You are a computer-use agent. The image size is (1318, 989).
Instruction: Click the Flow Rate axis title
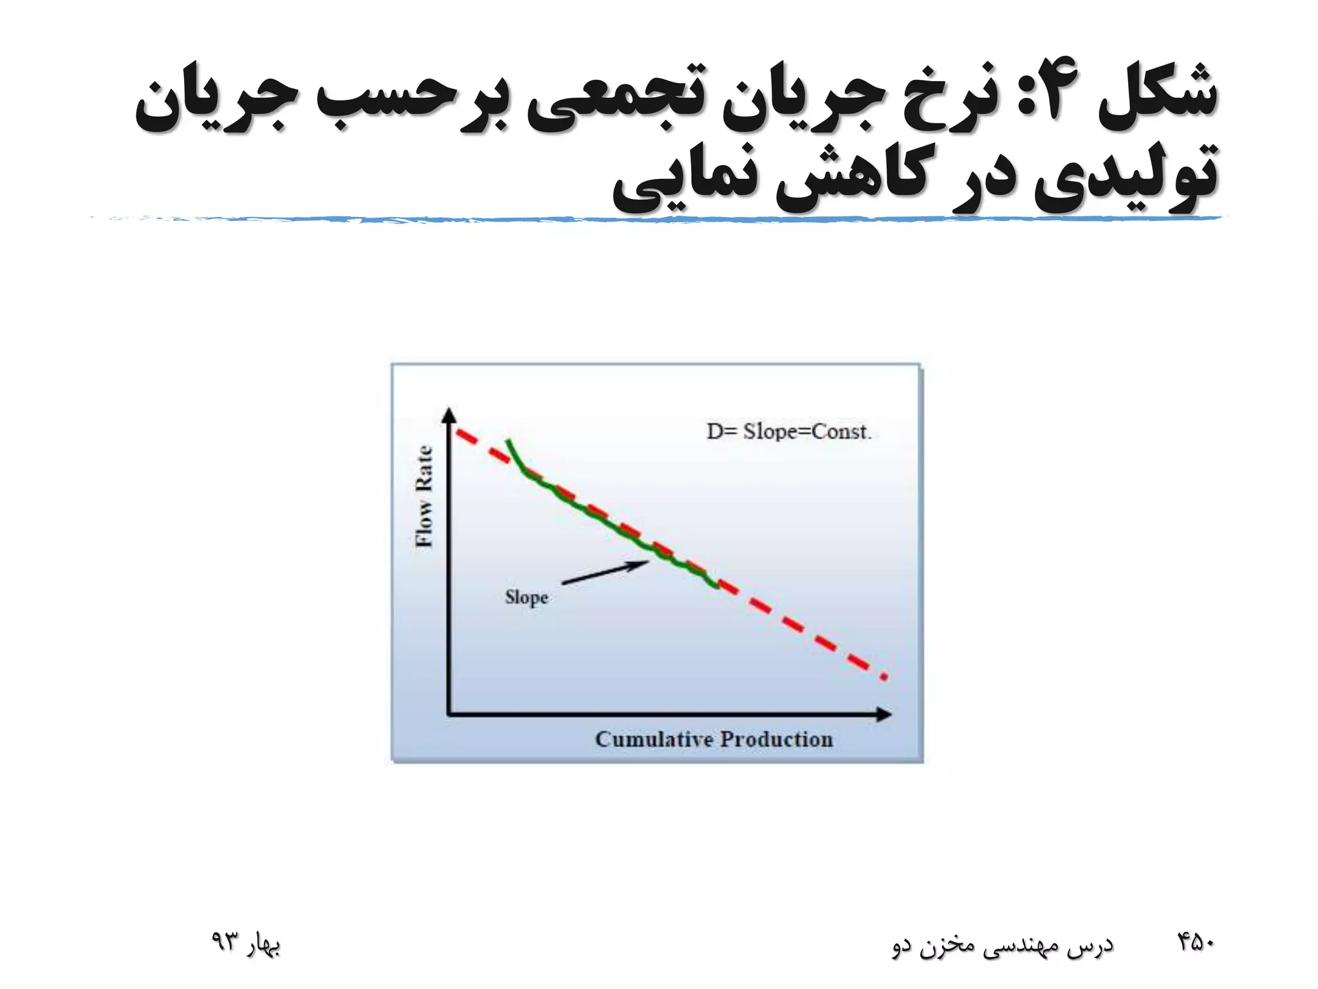pos(424,496)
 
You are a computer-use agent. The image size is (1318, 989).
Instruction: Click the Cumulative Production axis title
pos(714,739)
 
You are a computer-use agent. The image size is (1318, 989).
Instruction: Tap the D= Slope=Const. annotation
pos(789,431)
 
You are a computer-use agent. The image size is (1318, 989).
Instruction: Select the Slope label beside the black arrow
pos(526,598)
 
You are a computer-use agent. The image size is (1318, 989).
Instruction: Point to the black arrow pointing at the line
pos(604,572)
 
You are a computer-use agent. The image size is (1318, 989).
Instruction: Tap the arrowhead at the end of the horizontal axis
pos(884,714)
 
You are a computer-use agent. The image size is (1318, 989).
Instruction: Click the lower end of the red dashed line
pos(884,677)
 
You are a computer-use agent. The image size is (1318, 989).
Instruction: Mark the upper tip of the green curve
pos(508,441)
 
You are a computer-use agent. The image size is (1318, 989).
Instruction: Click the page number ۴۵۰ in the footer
pos(1195,942)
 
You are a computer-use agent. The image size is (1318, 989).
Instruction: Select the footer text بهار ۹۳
pos(246,943)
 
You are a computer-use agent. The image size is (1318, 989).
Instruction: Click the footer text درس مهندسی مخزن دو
pos(1002,945)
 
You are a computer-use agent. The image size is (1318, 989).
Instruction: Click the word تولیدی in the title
pos(1126,177)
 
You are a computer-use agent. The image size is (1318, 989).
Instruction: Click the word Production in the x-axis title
pos(775,739)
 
